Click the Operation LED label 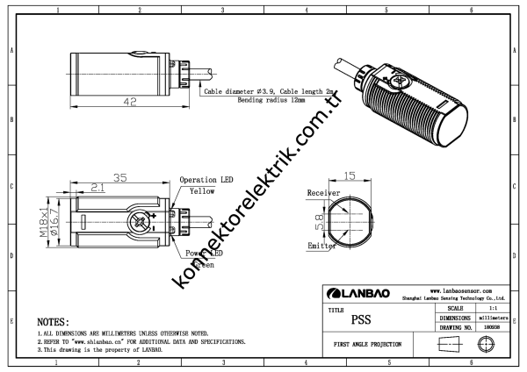[x=207, y=180]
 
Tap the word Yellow [x=207, y=190]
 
